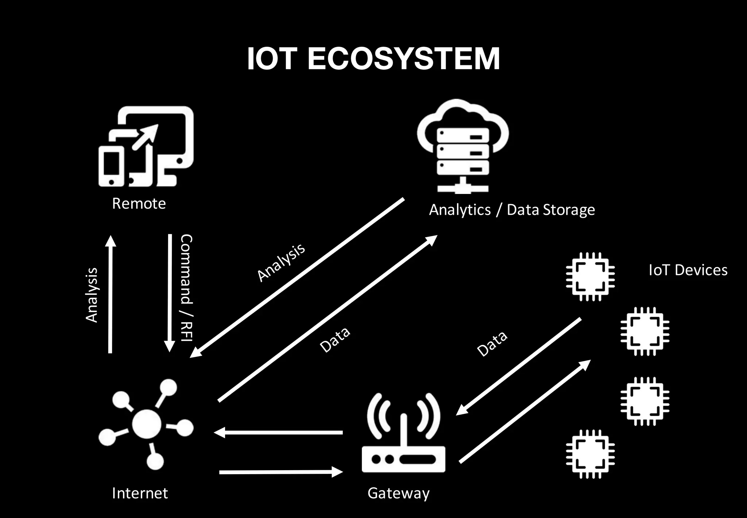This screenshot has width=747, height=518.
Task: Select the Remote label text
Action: point(139,203)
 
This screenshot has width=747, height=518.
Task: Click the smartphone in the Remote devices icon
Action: point(111,166)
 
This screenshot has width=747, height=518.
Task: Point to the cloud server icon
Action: point(462,146)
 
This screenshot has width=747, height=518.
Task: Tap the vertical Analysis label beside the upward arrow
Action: point(92,295)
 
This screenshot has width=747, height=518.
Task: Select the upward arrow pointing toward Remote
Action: point(110,294)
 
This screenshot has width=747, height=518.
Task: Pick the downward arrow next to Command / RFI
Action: point(170,292)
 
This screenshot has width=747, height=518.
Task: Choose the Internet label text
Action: point(140,493)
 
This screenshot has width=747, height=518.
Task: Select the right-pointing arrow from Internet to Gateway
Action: point(281,472)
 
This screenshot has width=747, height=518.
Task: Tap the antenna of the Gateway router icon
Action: point(403,429)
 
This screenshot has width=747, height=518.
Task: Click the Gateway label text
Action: point(398,493)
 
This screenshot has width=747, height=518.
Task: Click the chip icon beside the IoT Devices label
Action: point(590,277)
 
